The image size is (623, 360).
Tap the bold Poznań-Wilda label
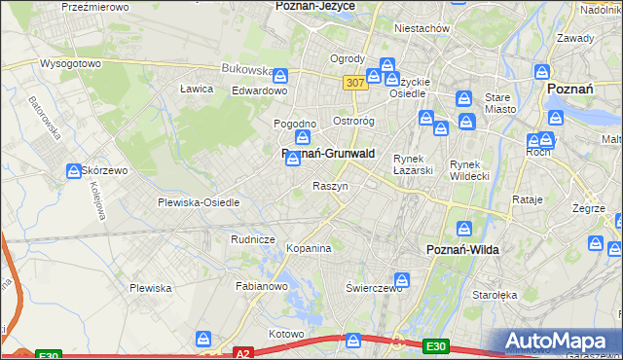tap(463, 249)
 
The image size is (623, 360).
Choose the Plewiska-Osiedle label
tap(199, 202)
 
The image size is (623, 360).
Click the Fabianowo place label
tap(262, 286)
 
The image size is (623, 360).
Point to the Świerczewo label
tap(375, 289)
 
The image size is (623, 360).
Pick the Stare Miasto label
tap(498, 104)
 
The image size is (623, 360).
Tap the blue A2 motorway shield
tap(243, 353)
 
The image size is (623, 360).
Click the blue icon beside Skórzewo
tap(75, 171)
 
